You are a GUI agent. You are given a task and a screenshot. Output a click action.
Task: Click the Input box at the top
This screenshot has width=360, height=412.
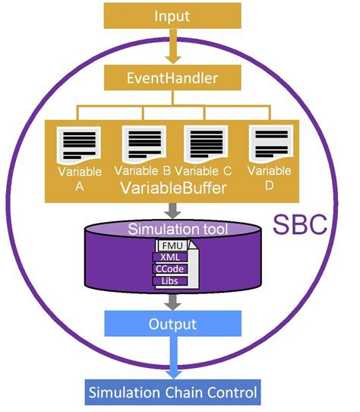coord(172,16)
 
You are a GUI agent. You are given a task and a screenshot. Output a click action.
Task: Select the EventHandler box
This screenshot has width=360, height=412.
coord(172,78)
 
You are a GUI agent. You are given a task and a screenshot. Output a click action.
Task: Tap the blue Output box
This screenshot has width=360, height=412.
coord(172,324)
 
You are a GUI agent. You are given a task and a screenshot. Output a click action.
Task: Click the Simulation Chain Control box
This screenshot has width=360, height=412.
coord(172,392)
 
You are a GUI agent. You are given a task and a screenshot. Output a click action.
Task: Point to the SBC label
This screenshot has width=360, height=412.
coord(300,224)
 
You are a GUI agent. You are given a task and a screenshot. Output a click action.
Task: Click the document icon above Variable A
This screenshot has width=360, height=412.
coord(79,146)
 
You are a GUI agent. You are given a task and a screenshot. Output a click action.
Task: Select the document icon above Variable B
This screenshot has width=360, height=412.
coord(144,144)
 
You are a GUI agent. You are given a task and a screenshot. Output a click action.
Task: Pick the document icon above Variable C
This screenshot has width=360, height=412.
coord(206,144)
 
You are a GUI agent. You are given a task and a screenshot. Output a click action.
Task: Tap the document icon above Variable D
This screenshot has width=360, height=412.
coord(271,144)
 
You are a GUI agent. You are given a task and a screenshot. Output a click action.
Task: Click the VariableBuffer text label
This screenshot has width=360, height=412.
coord(174,188)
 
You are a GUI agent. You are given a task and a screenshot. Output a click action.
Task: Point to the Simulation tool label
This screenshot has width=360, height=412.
coord(178,229)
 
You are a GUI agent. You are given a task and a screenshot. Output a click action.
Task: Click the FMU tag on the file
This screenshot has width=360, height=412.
coord(172,246)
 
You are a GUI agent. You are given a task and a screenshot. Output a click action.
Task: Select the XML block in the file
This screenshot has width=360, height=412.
coord(170,257)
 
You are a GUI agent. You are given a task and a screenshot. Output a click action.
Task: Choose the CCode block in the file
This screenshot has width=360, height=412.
coord(170,269)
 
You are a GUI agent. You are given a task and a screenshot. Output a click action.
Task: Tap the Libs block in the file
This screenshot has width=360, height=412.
coord(170,281)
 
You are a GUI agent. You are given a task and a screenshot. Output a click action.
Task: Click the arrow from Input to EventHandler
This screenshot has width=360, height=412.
coord(172,46)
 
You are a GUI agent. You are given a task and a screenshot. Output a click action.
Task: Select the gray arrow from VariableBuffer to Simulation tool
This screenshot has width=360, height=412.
coord(172,211)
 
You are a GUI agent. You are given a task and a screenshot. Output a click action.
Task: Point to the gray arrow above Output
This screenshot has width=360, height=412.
coord(172,303)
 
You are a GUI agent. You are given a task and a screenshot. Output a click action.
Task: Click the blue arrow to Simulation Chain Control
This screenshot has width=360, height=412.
coord(173,357)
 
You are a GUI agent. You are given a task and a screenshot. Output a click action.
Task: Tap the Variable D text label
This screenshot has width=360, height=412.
coord(270,178)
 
